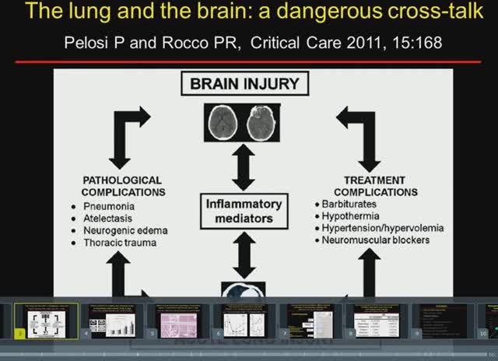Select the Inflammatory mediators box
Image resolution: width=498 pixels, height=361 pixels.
pos(244,211)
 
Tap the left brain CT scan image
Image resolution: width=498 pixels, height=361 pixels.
pos(225,121)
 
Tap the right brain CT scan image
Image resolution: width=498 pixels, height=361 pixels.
pos(261,121)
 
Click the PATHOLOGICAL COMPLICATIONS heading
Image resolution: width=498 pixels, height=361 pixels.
pos(122,186)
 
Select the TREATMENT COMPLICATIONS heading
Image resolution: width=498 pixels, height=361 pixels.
pos(375,186)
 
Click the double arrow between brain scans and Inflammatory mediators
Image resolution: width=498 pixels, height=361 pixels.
pos(244,166)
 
